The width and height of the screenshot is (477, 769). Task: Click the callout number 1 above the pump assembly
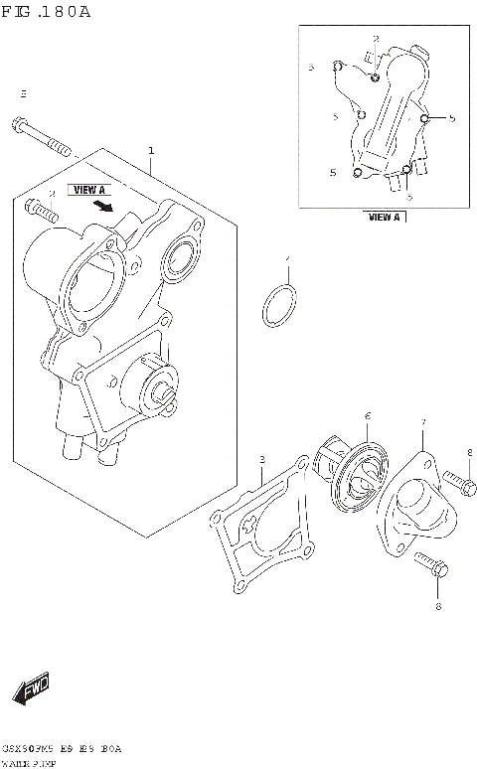151,151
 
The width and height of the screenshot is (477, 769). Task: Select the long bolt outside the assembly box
44,138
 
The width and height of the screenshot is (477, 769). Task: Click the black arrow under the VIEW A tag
101,206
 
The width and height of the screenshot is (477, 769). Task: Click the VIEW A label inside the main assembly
87,188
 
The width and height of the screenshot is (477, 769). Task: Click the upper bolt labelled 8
456,485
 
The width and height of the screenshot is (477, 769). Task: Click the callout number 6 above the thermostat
367,415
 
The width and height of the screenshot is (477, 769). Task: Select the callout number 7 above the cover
422,422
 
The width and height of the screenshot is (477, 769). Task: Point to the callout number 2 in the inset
376,38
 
